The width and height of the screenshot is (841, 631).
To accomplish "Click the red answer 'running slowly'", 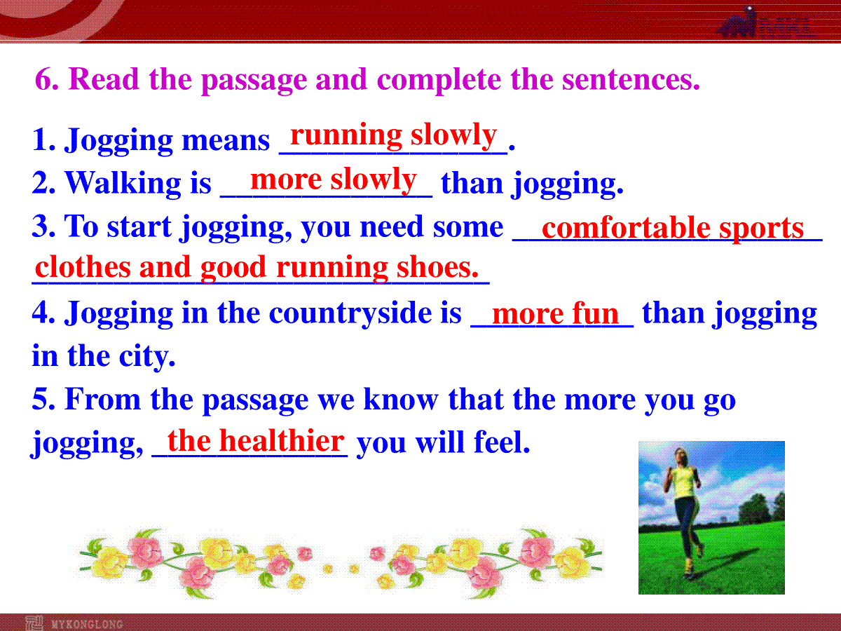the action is [x=393, y=136].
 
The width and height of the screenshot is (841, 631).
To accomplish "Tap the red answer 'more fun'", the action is [x=556, y=314].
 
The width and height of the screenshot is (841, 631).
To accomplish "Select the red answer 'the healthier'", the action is [x=256, y=440].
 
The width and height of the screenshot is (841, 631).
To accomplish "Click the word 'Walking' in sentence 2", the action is [x=123, y=182].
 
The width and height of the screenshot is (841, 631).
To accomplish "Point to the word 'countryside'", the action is [x=350, y=313].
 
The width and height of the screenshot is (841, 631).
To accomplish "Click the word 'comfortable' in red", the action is [x=626, y=228].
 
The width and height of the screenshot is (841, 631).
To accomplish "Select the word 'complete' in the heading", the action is [x=439, y=80].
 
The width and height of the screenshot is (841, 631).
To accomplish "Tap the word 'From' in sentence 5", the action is [x=103, y=399].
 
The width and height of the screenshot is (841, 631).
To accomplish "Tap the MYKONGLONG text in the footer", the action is [x=87, y=624].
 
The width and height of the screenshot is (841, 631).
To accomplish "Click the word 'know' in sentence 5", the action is [x=401, y=399].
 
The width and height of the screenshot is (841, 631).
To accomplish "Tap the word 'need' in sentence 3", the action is [x=392, y=226].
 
